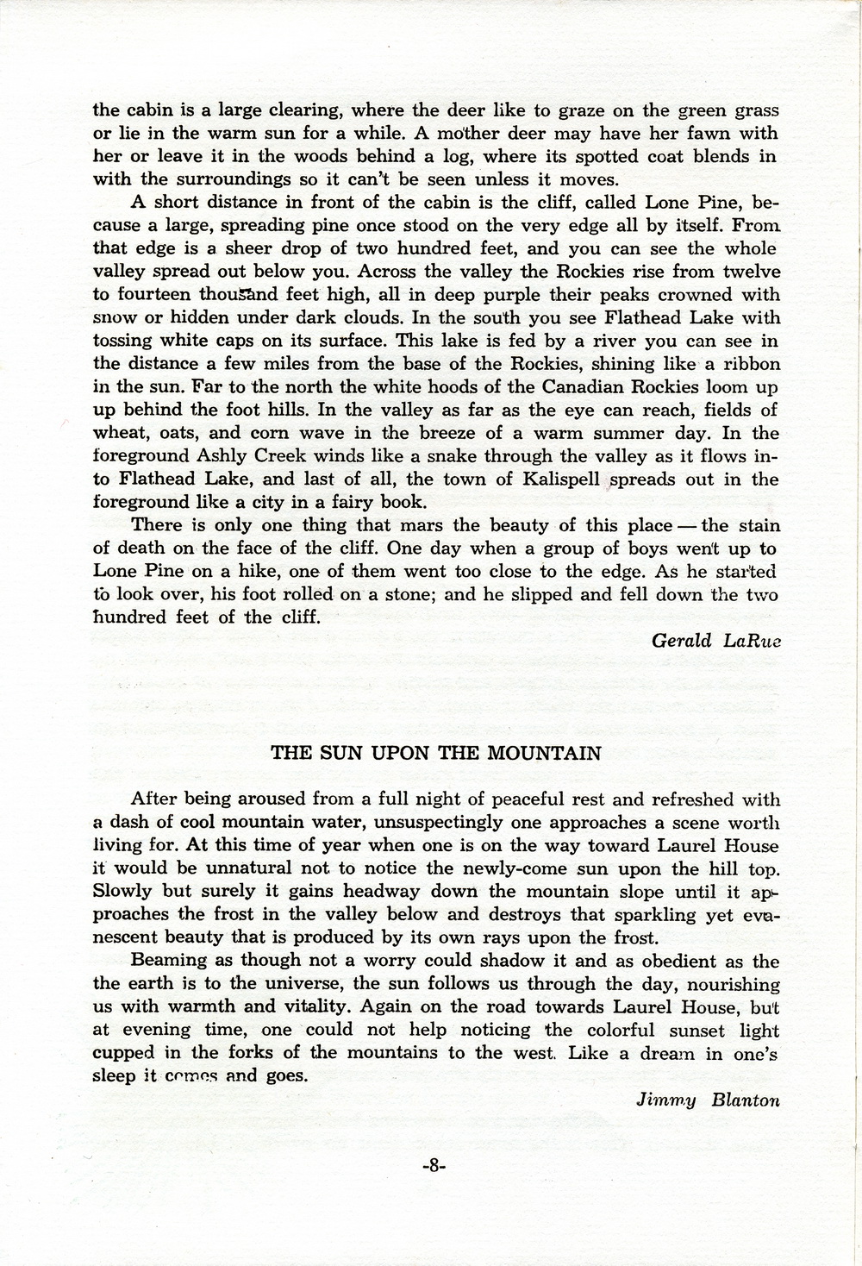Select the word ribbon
pos(749,364)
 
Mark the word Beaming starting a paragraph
pos(170,961)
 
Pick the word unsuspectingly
pos(445,824)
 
